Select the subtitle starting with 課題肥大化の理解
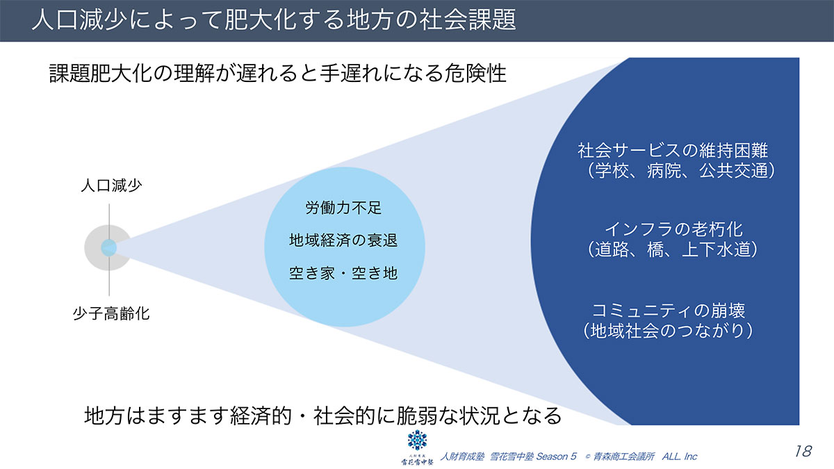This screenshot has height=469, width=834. (277, 74)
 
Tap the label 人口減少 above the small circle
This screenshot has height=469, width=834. (111, 187)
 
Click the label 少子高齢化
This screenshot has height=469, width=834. (111, 313)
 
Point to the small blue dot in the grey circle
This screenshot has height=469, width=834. (108, 247)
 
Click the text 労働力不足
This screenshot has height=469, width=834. (343, 207)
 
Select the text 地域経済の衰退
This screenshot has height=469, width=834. (343, 240)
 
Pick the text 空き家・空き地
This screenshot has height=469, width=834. (343, 273)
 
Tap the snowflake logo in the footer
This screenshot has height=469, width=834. (417, 441)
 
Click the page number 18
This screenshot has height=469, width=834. (802, 452)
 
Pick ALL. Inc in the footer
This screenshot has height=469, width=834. (680, 456)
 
